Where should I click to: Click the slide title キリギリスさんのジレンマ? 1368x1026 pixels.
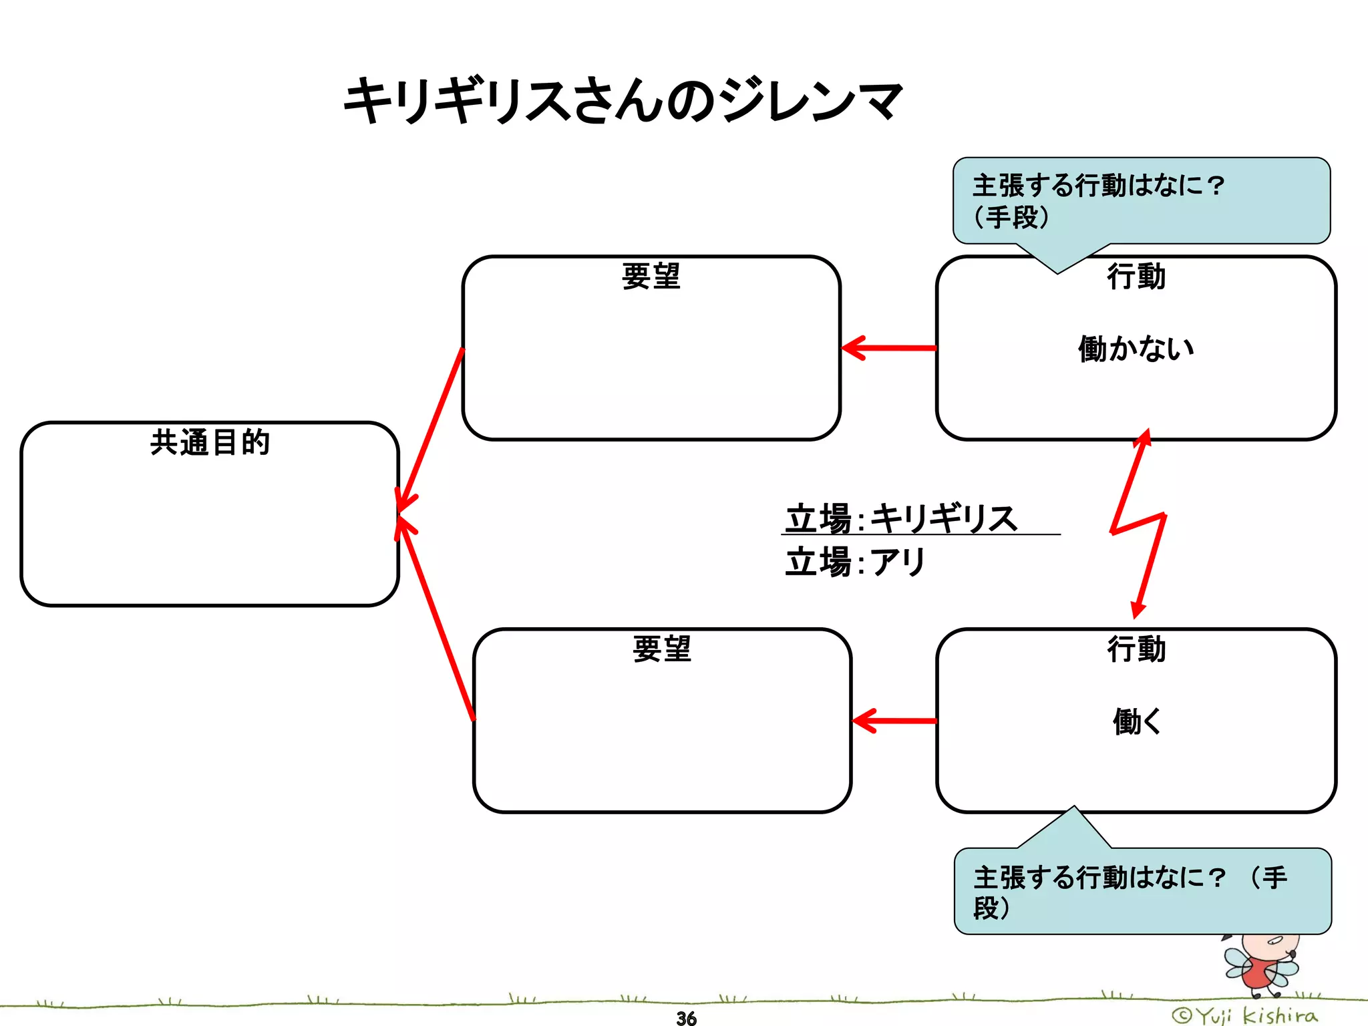[x=623, y=101]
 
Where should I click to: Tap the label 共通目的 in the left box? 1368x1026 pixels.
[x=210, y=442]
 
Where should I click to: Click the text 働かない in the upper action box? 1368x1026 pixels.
[x=1136, y=349]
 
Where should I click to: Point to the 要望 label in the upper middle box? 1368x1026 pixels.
[x=651, y=276]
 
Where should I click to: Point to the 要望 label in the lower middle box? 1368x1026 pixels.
[x=661, y=649]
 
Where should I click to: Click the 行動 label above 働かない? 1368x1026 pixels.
[x=1136, y=276]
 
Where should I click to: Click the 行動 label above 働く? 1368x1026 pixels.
[x=1136, y=649]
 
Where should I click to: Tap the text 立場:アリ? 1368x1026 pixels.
[x=855, y=562]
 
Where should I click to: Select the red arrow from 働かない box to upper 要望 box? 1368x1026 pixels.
[x=888, y=348]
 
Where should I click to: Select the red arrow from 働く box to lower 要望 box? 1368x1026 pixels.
[x=895, y=721]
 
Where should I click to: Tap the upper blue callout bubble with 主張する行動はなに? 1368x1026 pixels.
[x=1141, y=200]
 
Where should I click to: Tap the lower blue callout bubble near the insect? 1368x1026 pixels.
[x=1142, y=891]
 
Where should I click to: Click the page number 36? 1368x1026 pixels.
[x=686, y=1018]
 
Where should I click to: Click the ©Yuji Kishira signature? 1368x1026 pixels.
[x=1245, y=1016]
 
